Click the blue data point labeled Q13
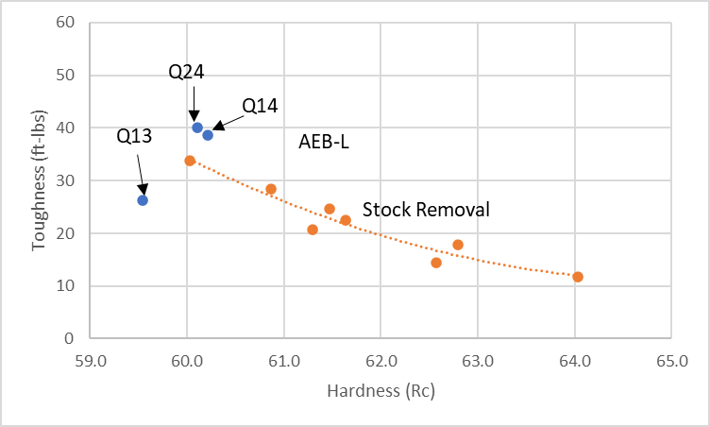click(143, 200)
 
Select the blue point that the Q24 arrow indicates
click(197, 128)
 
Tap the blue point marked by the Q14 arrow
click(208, 135)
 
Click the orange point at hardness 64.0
click(578, 277)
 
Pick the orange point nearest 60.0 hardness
click(190, 161)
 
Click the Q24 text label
click(186, 72)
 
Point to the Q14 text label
click(260, 106)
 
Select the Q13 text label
click(134, 136)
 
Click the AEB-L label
click(324, 142)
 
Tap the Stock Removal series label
click(426, 210)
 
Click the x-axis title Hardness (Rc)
click(380, 391)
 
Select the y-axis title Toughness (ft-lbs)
click(39, 179)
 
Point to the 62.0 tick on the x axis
click(380, 361)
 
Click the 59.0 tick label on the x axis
click(91, 361)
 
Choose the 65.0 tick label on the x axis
click(671, 361)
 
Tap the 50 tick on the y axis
click(65, 75)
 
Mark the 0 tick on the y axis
click(69, 338)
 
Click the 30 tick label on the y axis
click(65, 180)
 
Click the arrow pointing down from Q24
click(194, 104)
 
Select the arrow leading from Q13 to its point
click(142, 175)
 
